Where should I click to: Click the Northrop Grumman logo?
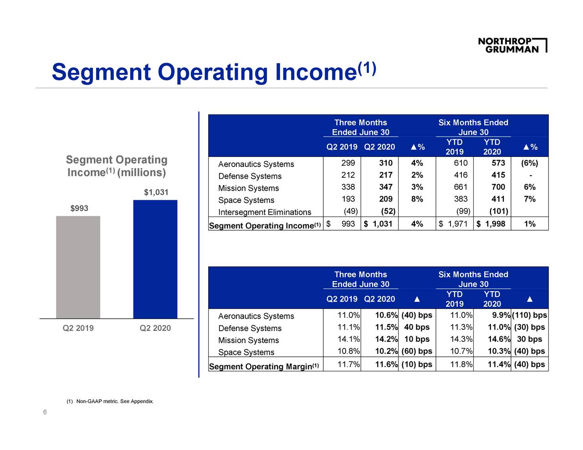point(512,45)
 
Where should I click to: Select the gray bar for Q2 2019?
point(78,267)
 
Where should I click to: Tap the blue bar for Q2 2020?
point(155,259)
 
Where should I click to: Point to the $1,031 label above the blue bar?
point(156,192)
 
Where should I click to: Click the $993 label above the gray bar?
point(79,208)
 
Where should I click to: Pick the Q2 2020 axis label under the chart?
point(155,328)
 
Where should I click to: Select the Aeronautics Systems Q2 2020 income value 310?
point(385,163)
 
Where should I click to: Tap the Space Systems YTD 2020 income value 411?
point(498,199)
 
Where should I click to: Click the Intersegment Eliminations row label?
point(265,212)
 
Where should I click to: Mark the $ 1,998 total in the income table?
point(491,224)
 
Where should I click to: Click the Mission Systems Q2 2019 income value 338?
point(348,187)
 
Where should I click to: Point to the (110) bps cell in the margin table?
point(529,316)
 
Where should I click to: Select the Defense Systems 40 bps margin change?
point(416,328)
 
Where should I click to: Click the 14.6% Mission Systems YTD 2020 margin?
point(498,339)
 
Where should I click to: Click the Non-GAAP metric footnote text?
point(110,401)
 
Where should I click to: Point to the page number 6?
point(45,412)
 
